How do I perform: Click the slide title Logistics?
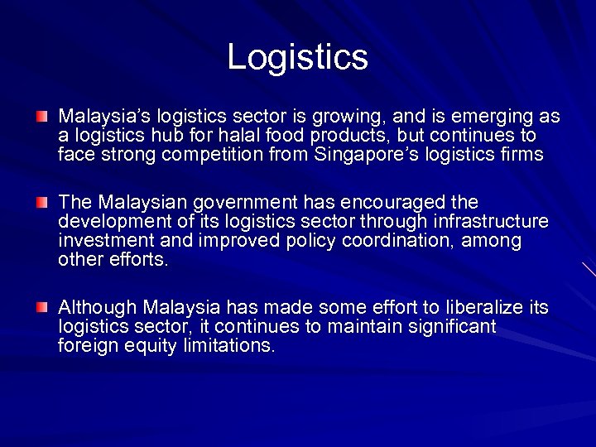click(x=297, y=57)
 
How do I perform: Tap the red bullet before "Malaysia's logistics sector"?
click(x=42, y=116)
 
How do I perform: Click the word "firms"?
click(x=522, y=154)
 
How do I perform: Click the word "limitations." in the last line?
click(x=228, y=346)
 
